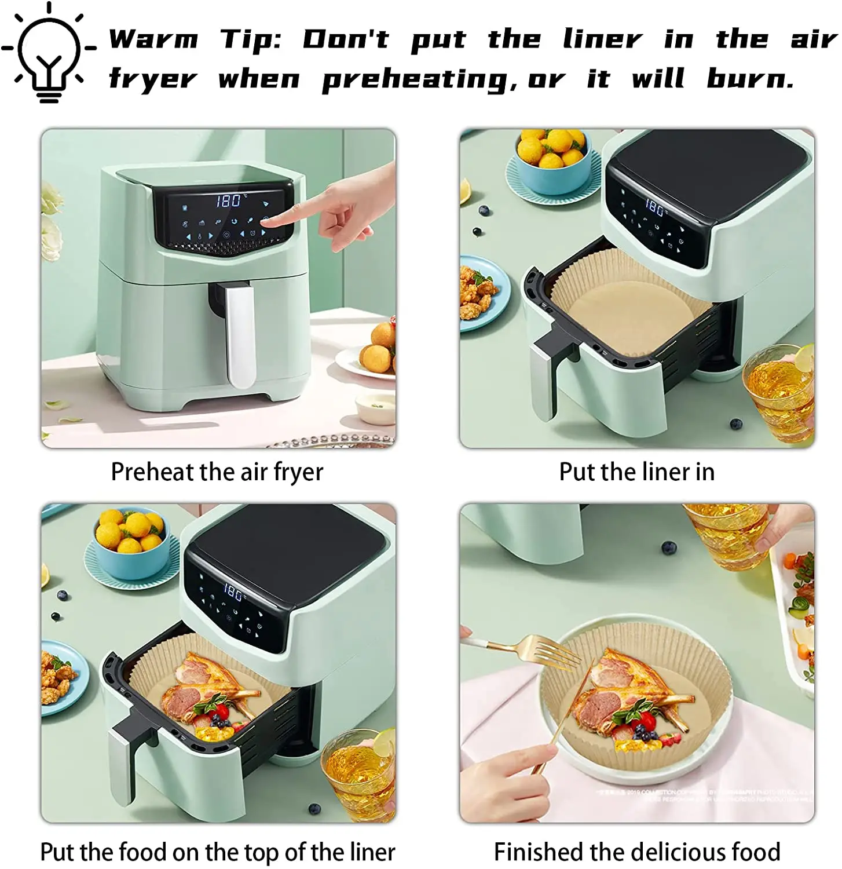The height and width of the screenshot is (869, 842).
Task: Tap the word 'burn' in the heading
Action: click(x=749, y=78)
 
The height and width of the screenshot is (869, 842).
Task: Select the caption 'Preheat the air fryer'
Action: click(x=217, y=472)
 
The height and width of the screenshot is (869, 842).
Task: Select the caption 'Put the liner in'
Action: click(x=636, y=472)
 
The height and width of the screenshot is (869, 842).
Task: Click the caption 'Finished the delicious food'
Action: click(x=636, y=852)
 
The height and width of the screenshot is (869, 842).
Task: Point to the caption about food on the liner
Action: click(x=217, y=852)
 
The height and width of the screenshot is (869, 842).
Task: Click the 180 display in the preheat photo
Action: click(x=229, y=200)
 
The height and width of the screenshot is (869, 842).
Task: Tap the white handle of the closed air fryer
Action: click(x=240, y=336)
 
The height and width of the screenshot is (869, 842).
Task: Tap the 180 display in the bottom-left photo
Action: click(x=233, y=592)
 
